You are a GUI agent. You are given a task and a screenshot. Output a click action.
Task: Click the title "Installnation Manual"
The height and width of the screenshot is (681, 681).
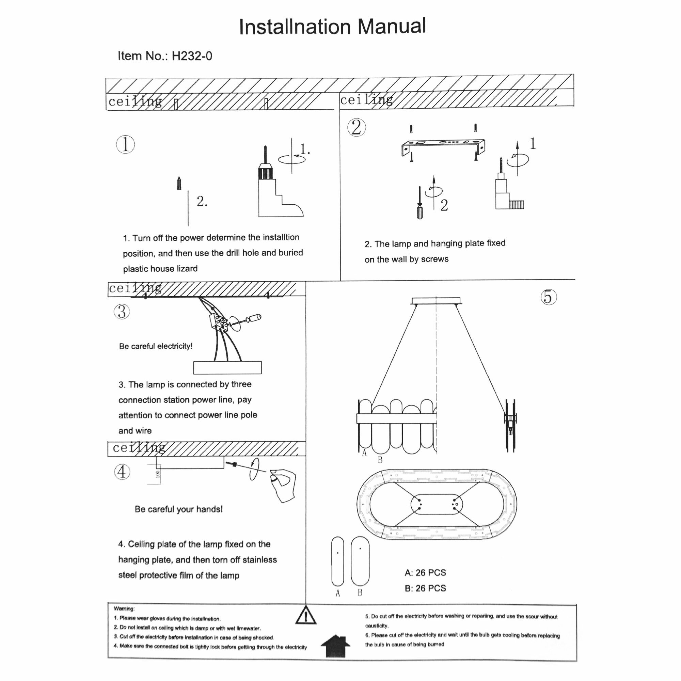[332, 27]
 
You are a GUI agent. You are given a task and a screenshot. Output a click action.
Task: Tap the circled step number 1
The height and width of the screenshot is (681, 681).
[126, 144]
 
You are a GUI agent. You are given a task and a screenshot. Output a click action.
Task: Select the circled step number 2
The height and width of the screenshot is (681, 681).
[357, 127]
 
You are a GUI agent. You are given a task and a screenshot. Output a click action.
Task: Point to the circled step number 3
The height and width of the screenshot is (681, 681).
[122, 312]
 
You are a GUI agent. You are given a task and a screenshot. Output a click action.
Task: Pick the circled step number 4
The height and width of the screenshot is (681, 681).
[122, 472]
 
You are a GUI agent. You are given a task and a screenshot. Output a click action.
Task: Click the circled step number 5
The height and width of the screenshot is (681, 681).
[549, 297]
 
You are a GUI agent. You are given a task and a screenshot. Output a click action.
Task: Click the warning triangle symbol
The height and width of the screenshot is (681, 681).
[306, 615]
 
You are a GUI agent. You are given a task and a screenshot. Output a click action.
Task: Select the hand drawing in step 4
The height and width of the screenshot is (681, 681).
[283, 484]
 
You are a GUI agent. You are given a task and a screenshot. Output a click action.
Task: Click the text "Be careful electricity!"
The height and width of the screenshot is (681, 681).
[156, 346]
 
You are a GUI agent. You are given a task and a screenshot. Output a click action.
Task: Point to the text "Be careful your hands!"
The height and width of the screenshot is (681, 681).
[178, 509]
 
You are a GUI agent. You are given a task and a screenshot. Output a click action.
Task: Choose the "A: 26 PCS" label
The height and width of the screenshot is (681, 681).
[425, 572]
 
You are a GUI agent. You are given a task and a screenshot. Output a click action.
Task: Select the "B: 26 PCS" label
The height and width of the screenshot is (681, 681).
[425, 588]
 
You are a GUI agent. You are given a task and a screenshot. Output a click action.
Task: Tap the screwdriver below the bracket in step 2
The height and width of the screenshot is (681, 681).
[419, 204]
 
